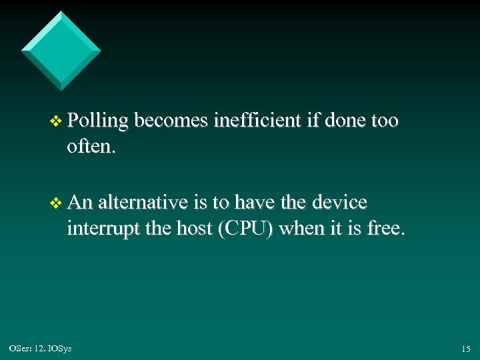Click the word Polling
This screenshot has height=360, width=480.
[97, 121]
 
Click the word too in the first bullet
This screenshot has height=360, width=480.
[385, 121]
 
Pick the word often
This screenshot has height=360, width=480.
[91, 147]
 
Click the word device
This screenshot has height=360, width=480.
[341, 202]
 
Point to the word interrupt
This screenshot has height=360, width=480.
[101, 229]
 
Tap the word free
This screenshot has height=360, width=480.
[385, 229]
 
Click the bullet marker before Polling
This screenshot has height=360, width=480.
[56, 122]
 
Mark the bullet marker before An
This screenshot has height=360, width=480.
[56, 203]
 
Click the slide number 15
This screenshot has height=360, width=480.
[465, 349]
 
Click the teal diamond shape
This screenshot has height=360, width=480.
[61, 50]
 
